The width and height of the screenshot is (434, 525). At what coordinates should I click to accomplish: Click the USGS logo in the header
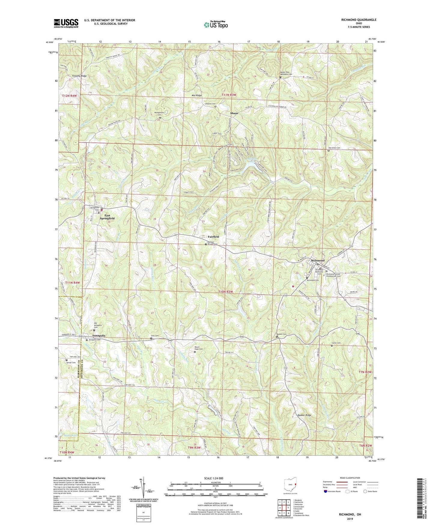point(66,23)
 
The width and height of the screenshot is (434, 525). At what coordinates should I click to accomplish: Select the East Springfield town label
point(107,217)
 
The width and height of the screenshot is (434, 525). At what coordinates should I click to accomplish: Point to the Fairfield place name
point(214,237)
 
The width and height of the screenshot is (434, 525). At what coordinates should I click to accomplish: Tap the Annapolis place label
point(99,335)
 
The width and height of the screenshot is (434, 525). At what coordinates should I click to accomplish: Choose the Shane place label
point(234,113)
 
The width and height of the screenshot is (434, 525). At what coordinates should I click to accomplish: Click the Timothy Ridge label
point(79,76)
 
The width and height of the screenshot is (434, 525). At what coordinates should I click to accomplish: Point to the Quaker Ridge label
point(304,415)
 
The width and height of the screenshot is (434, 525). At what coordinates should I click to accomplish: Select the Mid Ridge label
point(197,95)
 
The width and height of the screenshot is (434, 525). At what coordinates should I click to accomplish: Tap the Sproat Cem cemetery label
point(71,363)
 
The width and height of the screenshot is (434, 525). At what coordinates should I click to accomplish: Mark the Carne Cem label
point(336,343)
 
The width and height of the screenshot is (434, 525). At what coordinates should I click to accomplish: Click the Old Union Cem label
point(334,148)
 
